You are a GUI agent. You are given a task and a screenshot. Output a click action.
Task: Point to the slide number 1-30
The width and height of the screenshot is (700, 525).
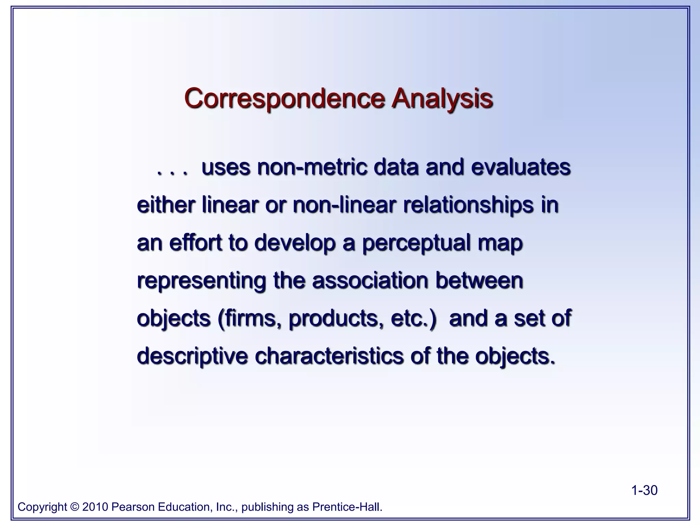(644, 490)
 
